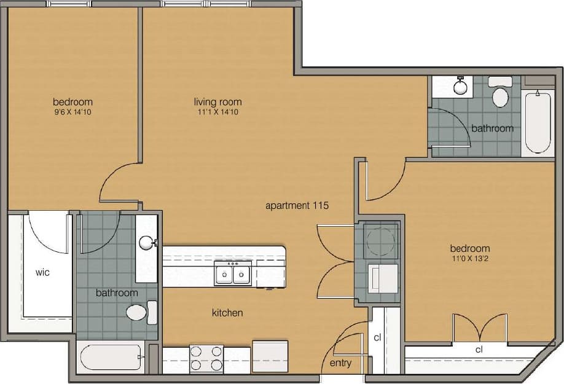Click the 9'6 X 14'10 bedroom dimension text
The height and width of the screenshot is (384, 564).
72,112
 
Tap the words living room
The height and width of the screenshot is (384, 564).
217,102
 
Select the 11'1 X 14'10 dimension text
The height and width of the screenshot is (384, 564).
217,112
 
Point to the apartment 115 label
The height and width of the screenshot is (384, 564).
297,206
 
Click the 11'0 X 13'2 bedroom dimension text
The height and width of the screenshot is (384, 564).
469,259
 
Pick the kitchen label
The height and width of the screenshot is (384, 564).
227,313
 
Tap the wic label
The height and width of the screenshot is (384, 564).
42,272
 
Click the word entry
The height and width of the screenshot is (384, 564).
340,363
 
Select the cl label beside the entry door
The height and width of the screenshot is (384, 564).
377,338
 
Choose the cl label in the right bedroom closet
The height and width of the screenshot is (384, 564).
479,349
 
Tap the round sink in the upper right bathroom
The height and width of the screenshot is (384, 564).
460,85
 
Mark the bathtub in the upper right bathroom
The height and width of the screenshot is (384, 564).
537,122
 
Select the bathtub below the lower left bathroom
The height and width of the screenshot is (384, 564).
111,356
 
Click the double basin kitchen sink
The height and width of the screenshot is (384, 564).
233,273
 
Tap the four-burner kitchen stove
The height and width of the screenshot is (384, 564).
206,358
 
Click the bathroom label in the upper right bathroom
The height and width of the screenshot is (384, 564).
492,128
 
